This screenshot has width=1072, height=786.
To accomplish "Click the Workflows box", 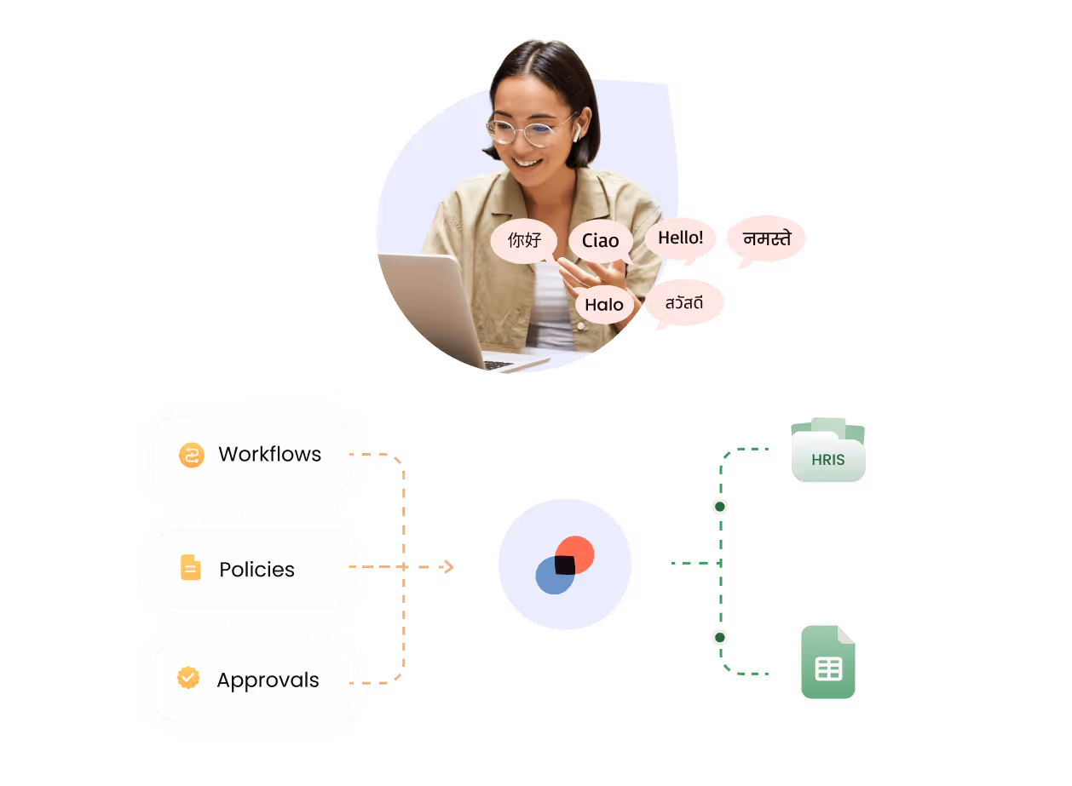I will tap(252, 455).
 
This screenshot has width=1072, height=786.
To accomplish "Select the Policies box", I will tap(252, 569).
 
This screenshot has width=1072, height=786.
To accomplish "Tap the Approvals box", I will tap(252, 680).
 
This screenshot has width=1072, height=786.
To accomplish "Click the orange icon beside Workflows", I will tap(192, 456).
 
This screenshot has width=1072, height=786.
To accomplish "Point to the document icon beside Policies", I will tap(191, 568).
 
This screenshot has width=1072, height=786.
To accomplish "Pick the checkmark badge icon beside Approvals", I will tap(188, 679).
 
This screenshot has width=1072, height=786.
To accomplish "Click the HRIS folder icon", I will tap(828, 451).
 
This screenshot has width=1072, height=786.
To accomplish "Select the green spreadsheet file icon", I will tap(828, 663).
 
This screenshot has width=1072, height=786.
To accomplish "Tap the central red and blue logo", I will tap(565, 565).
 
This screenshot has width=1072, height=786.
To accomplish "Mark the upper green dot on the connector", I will tap(720, 507).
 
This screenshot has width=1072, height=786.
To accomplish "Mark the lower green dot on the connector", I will tap(720, 637).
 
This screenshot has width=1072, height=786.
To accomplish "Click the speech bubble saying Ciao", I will tap(601, 241).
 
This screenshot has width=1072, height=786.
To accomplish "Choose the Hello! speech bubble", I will tap(680, 238).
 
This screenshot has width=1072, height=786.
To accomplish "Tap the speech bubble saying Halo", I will tap(604, 305).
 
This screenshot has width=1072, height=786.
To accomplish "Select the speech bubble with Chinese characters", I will tap(524, 240).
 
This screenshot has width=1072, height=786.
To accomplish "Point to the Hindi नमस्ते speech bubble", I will tap(766, 238).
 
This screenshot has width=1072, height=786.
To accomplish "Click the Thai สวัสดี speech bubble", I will tap(684, 302).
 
